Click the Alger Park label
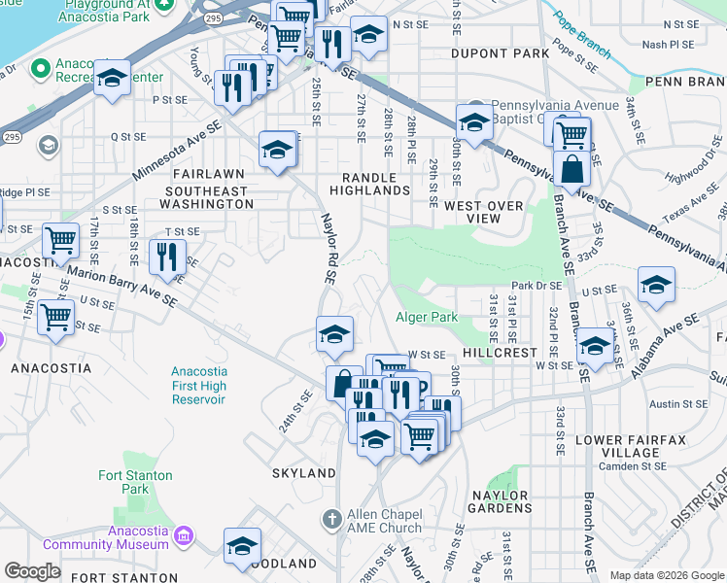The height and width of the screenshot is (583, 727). coord(427,318)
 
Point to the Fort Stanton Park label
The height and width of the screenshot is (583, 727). coord(135,482)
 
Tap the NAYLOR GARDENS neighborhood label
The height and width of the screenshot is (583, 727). coord(501,501)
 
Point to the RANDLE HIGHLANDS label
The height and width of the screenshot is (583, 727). coord(376,184)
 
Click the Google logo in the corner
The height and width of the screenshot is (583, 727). coord(32,571)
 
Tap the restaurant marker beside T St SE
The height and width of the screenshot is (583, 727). coord(167,257)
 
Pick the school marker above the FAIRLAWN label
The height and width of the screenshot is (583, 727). coord(278,150)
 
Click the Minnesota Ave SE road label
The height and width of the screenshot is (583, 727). coord(178,152)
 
